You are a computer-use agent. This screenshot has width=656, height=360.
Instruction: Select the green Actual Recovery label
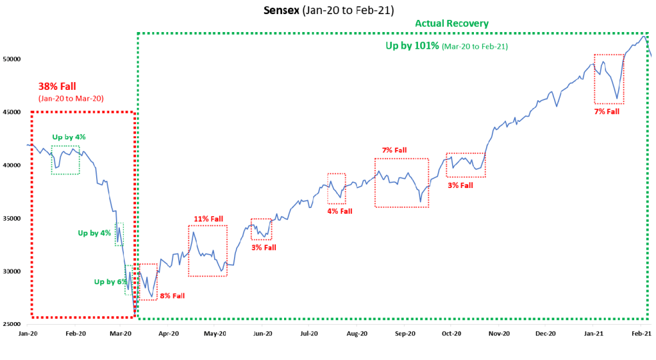pyautogui.click(x=451, y=24)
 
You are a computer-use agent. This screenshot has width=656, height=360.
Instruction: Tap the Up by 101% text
pyautogui.click(x=412, y=46)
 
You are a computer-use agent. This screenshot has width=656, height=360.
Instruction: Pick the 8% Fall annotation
pyautogui.click(x=172, y=296)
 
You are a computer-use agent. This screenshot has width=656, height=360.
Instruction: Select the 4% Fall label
pyautogui.click(x=339, y=210)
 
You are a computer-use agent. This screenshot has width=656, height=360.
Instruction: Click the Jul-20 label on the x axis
pyautogui.click(x=310, y=334)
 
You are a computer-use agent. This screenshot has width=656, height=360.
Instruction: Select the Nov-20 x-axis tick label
pyautogui.click(x=499, y=334)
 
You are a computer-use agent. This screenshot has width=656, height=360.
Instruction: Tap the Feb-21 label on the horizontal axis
pyautogui.click(x=642, y=334)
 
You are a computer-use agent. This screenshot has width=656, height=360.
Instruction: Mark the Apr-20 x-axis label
pyautogui.click(x=168, y=334)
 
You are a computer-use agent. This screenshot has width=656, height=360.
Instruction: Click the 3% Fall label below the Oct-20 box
pyautogui.click(x=460, y=185)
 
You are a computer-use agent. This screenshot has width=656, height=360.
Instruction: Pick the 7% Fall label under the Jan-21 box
pyautogui.click(x=607, y=112)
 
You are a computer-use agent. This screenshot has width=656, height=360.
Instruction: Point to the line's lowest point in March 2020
pyautogui.click(x=135, y=314)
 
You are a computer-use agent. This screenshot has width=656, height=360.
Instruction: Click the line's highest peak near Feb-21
pyautogui.click(x=643, y=36)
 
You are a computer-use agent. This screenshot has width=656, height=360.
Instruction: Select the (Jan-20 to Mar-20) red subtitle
pyautogui.click(x=71, y=98)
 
